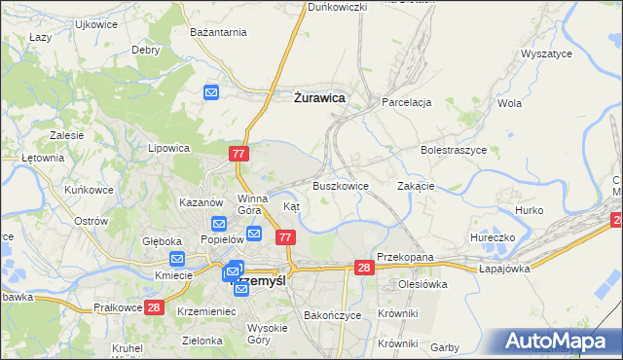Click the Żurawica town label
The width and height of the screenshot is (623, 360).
(x=319, y=97)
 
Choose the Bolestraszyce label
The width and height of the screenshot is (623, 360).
(x=453, y=151)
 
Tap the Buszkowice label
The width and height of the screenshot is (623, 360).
(x=340, y=186)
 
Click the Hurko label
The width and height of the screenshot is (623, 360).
(x=529, y=210)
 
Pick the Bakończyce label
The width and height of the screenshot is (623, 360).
(x=333, y=316)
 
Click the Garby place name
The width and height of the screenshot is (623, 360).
(x=444, y=347)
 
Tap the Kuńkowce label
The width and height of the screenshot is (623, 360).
(x=86, y=190)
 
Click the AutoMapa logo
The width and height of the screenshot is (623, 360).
(x=558, y=341)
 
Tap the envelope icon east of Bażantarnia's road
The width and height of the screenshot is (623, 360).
(x=213, y=92)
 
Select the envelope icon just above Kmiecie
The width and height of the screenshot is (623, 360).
(x=177, y=259)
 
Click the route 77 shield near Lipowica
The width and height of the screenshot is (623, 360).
(x=240, y=154)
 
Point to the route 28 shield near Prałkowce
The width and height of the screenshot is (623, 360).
(x=154, y=308)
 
